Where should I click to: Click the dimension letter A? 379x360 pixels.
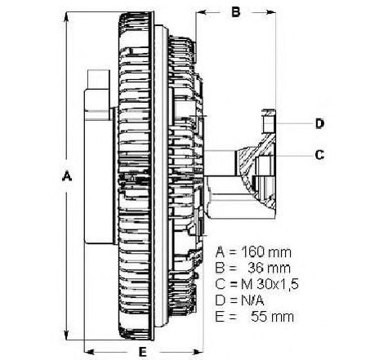(x=67, y=176)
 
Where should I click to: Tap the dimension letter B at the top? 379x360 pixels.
(x=236, y=12)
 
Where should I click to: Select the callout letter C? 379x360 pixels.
(x=319, y=155)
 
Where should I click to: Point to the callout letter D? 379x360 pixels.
(x=320, y=124)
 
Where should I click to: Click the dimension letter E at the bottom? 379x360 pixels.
(x=143, y=352)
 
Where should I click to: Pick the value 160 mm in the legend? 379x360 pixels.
(x=266, y=252)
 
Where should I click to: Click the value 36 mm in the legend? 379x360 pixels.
(x=270, y=269)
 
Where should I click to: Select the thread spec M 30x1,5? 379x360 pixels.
(x=270, y=285)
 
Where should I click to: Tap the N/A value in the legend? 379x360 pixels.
(x=252, y=300)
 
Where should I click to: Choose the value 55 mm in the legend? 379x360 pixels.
(x=272, y=317)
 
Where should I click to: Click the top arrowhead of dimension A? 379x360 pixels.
(x=66, y=17)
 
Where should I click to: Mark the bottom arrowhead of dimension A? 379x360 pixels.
(x=66, y=335)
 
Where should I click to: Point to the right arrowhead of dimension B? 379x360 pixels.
(x=271, y=12)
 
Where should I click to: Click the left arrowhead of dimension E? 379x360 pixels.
(x=89, y=352)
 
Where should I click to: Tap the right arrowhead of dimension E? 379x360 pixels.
(x=198, y=352)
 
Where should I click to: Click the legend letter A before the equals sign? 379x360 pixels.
(x=220, y=252)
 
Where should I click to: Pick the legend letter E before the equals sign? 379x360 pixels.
(x=220, y=317)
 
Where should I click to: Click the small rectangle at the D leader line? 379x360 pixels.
(x=268, y=123)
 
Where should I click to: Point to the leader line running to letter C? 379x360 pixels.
(x=293, y=156)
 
